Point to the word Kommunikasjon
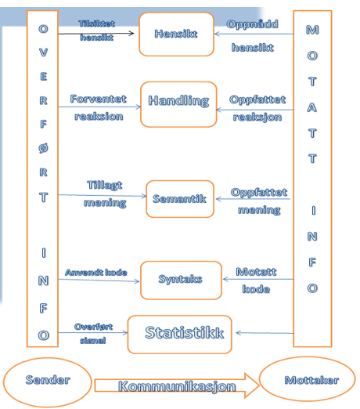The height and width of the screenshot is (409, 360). tap(177, 386)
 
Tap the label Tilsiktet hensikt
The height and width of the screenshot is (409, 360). tap(96, 31)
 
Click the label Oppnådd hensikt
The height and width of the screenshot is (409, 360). tap(252, 36)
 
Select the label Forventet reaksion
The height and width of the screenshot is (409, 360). tap(99, 107)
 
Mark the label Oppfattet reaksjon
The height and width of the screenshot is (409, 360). tap(257, 108)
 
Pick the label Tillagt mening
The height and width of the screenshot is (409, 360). tap(105, 194)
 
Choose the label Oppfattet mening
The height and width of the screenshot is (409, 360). tap(259, 201)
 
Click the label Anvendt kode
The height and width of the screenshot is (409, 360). tap(96, 273)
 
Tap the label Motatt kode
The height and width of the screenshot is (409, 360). tap(256, 281)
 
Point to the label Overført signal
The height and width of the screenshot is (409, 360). tap(93, 334)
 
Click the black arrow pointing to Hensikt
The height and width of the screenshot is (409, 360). tap(96, 34)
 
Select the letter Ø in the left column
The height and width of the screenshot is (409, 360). tap(43, 148)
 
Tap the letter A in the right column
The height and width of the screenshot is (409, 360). tap(312, 107)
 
